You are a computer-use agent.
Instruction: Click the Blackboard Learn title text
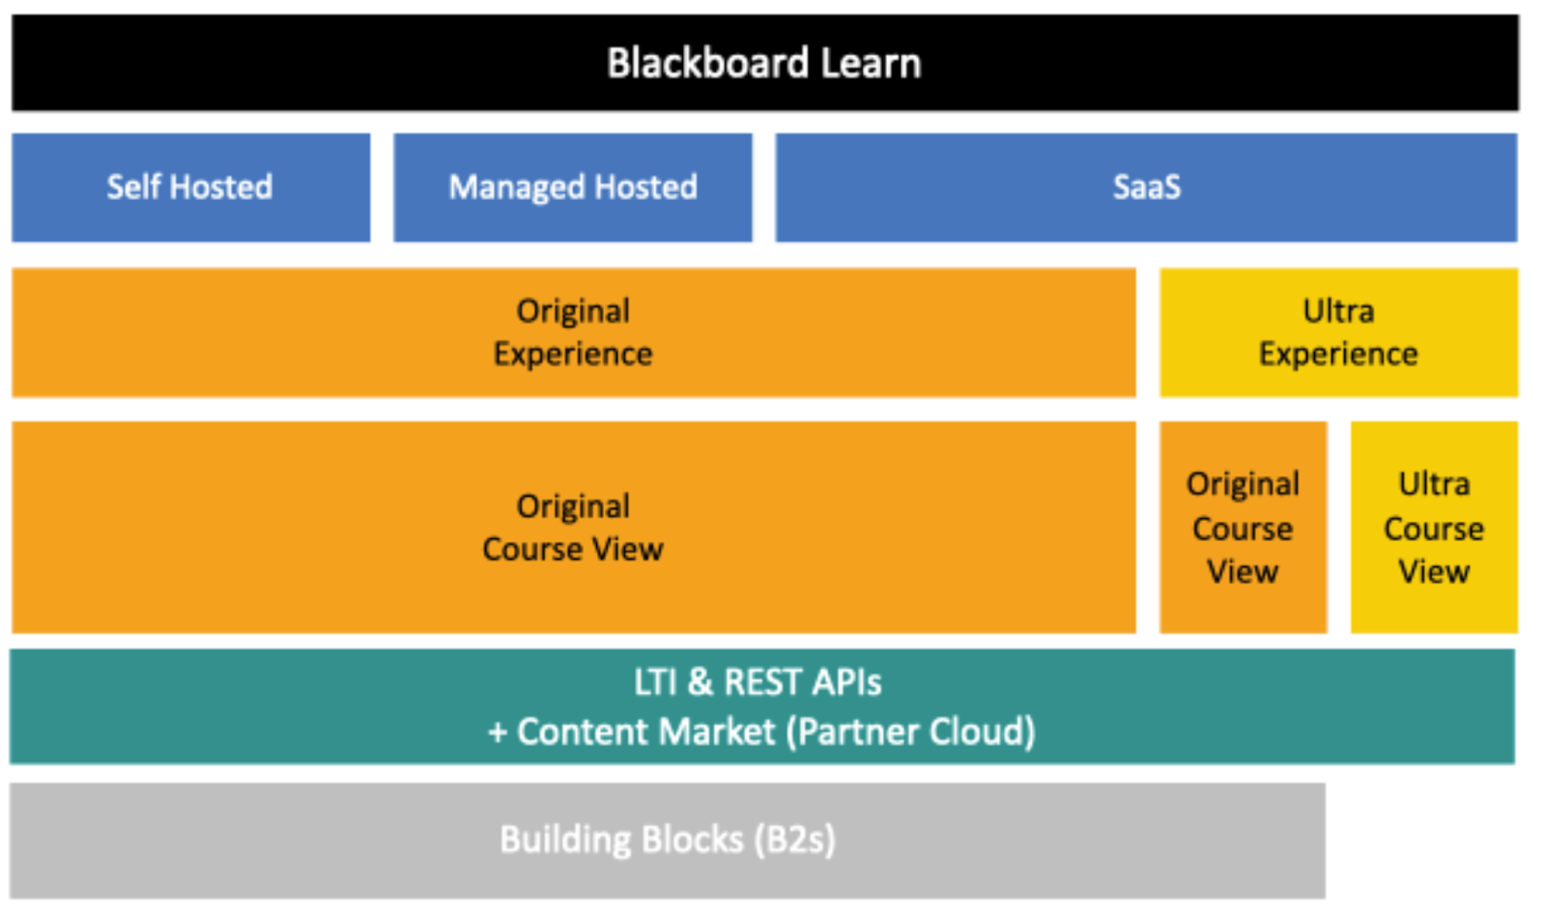(763, 64)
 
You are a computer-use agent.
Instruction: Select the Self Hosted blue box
(190, 187)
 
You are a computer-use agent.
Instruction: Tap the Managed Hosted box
(572, 187)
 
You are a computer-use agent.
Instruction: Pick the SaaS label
(1146, 186)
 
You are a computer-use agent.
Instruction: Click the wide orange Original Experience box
(573, 332)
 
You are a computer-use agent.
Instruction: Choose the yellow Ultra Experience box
(1338, 332)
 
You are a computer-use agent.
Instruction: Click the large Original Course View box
(573, 528)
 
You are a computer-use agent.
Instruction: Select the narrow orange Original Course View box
(1243, 528)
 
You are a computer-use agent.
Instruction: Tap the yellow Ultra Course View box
(1434, 528)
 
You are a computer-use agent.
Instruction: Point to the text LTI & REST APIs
(758, 682)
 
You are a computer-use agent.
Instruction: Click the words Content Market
(645, 732)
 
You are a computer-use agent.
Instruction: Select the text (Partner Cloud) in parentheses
(910, 732)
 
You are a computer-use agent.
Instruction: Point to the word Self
(133, 186)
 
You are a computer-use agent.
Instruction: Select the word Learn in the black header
(871, 64)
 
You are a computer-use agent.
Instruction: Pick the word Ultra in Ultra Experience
(1338, 311)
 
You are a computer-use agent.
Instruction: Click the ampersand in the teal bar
(700, 682)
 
